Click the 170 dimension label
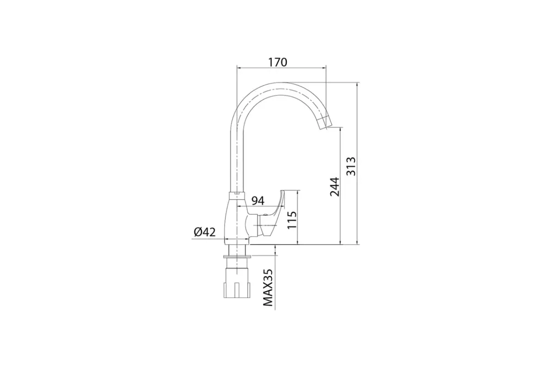point(277,63)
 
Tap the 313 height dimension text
point(351,167)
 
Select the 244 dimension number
point(334,187)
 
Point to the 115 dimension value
point(292,220)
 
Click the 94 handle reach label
point(258,201)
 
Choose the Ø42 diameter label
point(205,232)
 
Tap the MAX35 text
point(268,287)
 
